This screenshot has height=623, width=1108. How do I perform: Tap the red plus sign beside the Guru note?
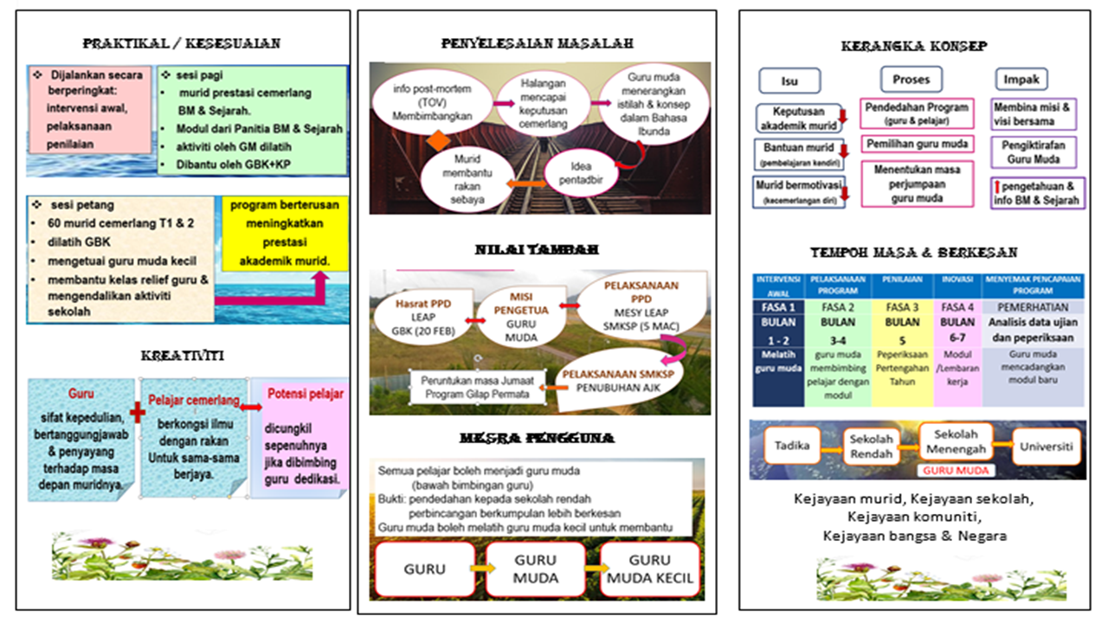point(137,414)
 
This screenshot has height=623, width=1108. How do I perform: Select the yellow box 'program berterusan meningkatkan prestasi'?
point(285,234)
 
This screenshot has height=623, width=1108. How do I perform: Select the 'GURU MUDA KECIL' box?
point(648,568)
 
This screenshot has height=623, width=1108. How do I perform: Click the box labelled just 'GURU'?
point(424,568)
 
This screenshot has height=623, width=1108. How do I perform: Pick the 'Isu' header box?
point(789,80)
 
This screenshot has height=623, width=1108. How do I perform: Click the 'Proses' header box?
point(911,79)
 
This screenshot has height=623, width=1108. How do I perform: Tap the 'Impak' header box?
point(1021,79)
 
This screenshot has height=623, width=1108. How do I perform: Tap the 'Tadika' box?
point(792,446)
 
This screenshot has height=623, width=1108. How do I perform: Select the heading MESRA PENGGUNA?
point(537,438)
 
